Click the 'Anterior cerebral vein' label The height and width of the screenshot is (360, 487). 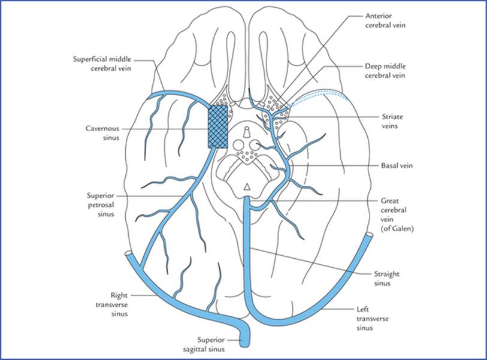point(385,20)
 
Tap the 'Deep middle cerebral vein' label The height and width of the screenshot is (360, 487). point(385,71)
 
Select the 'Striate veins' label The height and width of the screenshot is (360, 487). point(392,122)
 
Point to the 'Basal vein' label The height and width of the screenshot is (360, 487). point(397,165)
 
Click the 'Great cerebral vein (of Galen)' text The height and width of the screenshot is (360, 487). point(397,214)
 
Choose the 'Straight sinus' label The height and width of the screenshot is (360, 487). point(386,279)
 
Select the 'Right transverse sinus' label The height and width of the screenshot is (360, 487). point(111,304)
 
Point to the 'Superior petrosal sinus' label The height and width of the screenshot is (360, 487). point(101,205)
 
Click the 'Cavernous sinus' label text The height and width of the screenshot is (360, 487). point(102,133)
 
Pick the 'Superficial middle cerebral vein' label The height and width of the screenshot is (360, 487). point(102,63)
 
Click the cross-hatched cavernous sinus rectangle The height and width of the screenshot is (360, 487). point(217,126)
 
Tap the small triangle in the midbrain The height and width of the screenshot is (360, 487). point(247,186)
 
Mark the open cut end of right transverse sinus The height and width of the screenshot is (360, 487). point(128,253)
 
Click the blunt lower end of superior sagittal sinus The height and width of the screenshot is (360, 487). point(245,345)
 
